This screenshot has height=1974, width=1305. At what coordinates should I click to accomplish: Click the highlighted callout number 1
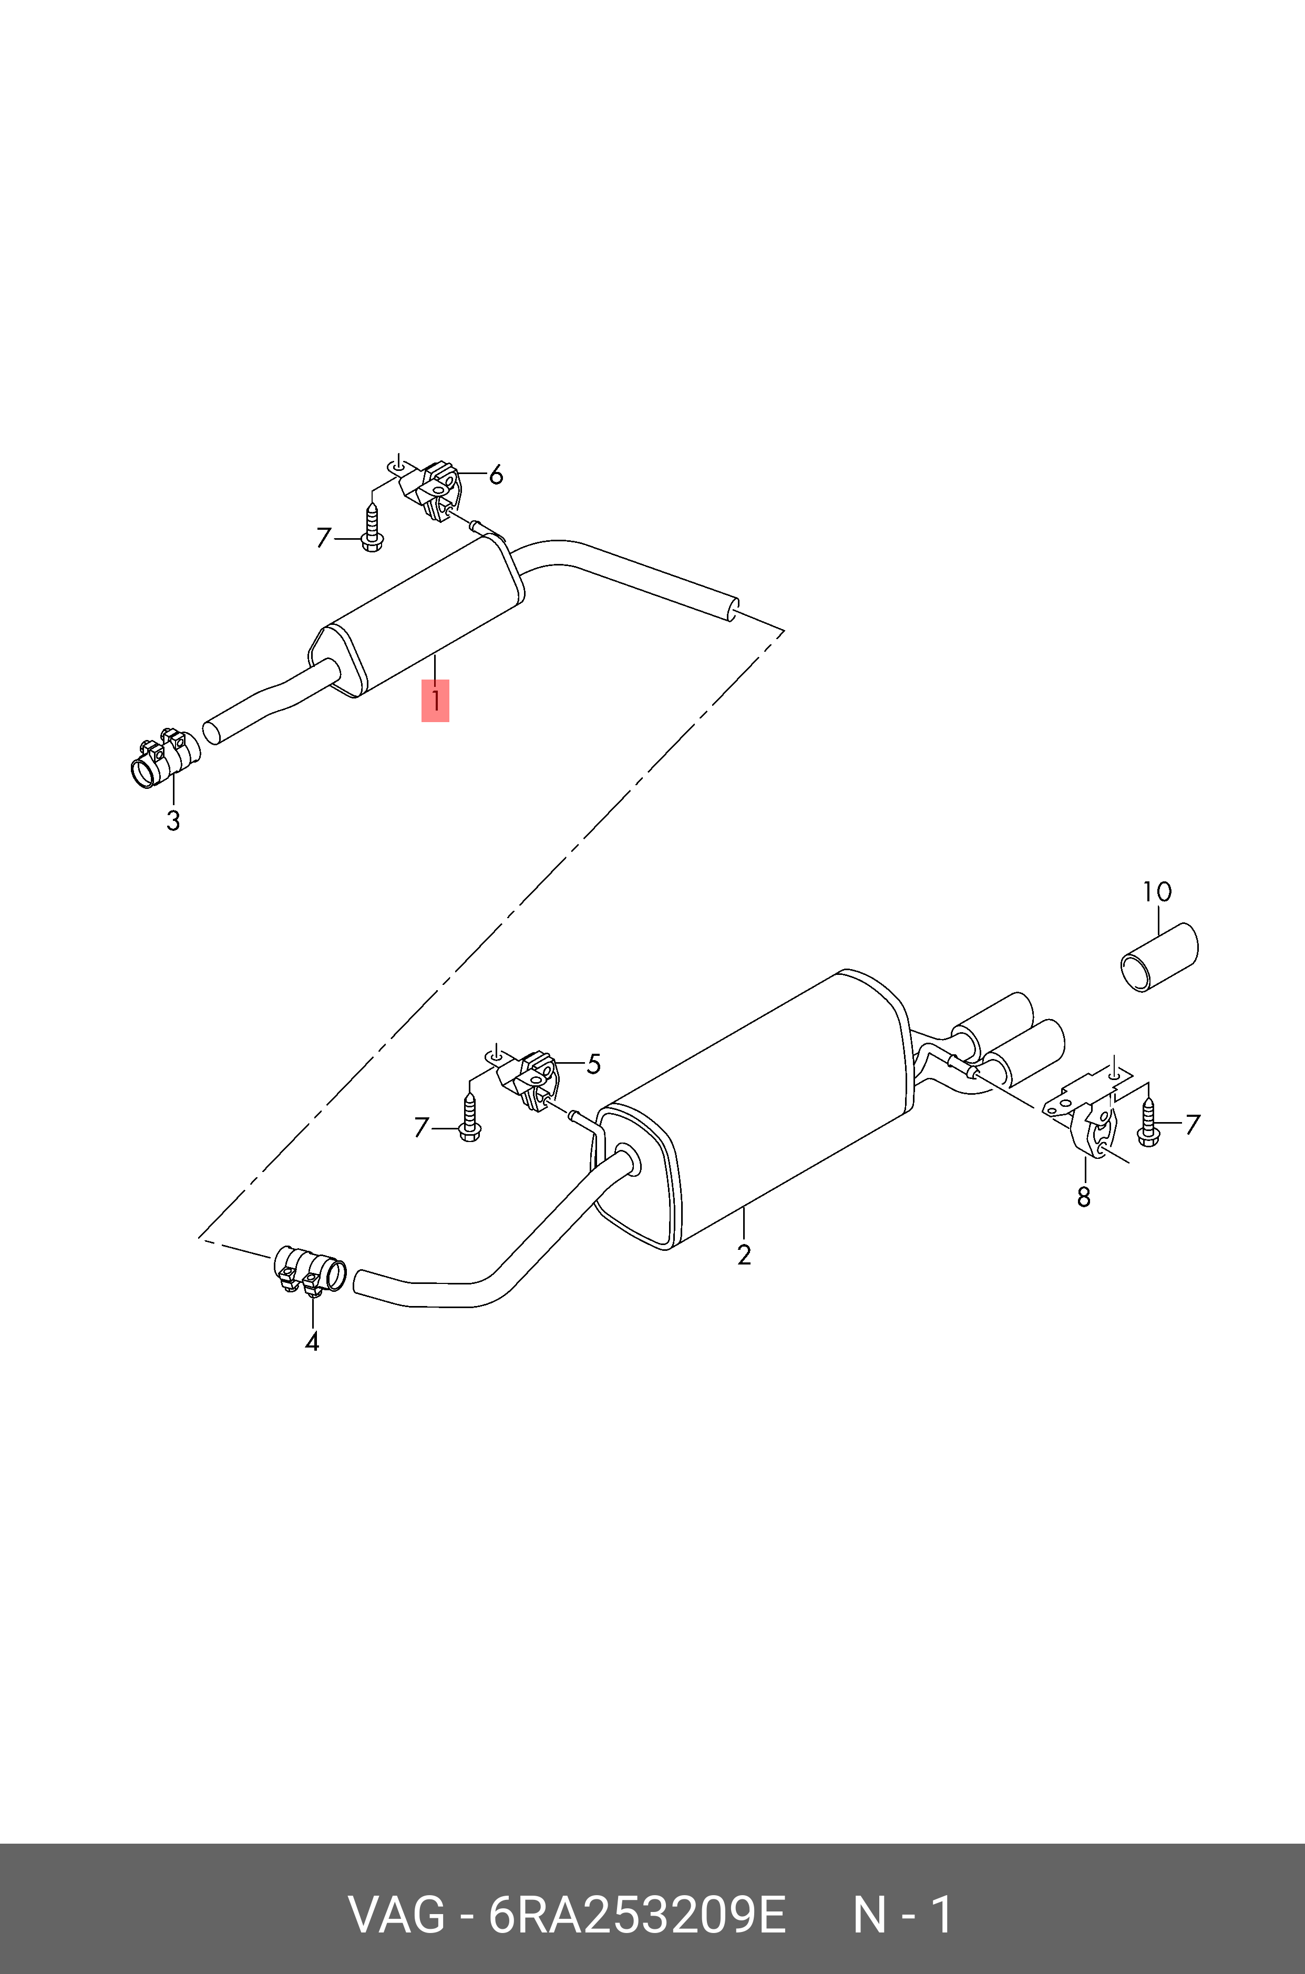coord(435,700)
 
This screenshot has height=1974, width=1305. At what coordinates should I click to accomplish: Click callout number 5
coord(593,1064)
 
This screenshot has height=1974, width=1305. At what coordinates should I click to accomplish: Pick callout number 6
coord(496,475)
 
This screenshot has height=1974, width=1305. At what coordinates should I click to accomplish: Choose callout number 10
coord(1157,892)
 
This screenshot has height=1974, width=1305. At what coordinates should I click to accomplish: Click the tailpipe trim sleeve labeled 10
coord(1158,957)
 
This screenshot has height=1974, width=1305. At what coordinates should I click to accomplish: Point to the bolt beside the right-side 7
coord(1148,1123)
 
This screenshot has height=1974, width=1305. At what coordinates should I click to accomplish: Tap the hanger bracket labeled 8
coord(1086,1120)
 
